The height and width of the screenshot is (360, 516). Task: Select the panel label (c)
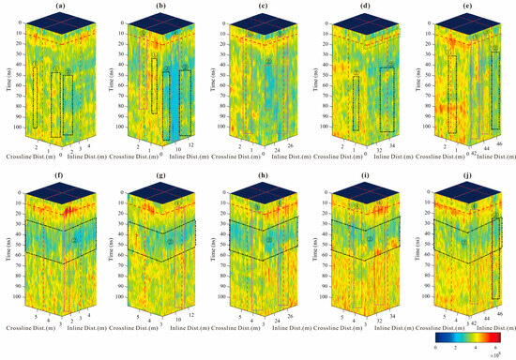[x=260, y=7]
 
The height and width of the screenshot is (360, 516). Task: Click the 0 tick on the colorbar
[x=436, y=346]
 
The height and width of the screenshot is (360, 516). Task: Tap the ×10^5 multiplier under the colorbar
[x=507, y=354]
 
